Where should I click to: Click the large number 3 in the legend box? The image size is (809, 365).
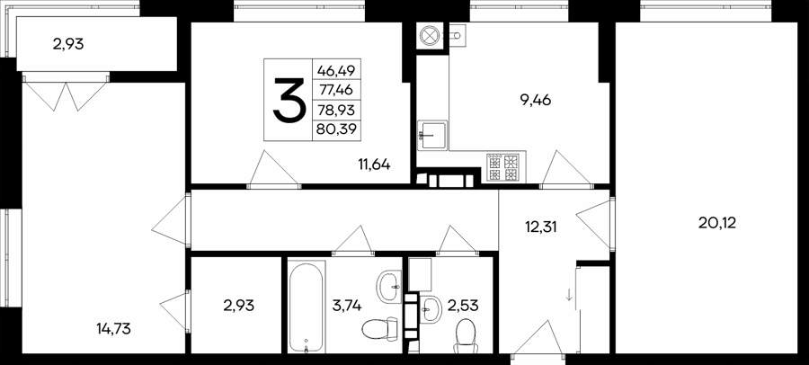click(x=289, y=100)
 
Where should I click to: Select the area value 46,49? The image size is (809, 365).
click(x=336, y=69)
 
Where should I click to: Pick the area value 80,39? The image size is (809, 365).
click(x=336, y=129)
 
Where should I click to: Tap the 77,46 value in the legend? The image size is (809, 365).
click(x=336, y=90)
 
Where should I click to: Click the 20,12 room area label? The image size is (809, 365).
click(x=717, y=223)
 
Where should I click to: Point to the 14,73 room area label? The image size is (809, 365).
click(x=113, y=328)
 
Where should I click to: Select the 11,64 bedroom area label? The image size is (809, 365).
click(x=374, y=165)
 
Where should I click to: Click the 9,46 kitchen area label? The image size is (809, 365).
click(x=536, y=100)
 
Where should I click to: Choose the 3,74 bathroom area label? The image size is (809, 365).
click(x=347, y=306)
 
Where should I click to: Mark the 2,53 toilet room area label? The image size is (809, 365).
click(x=464, y=306)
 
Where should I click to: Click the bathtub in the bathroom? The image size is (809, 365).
click(x=307, y=307)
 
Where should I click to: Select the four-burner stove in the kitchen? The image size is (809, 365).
click(x=503, y=168)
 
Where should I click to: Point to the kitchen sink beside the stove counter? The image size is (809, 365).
click(x=431, y=135)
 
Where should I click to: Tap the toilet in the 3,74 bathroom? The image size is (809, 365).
click(x=379, y=328)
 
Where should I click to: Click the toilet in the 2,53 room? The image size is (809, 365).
click(x=466, y=336)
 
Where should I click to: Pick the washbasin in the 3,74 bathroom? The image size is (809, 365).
click(x=388, y=286)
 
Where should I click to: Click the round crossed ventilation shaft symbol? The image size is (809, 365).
click(x=429, y=36)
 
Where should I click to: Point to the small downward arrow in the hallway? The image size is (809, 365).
click(x=569, y=295)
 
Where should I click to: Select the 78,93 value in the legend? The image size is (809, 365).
click(x=336, y=110)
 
